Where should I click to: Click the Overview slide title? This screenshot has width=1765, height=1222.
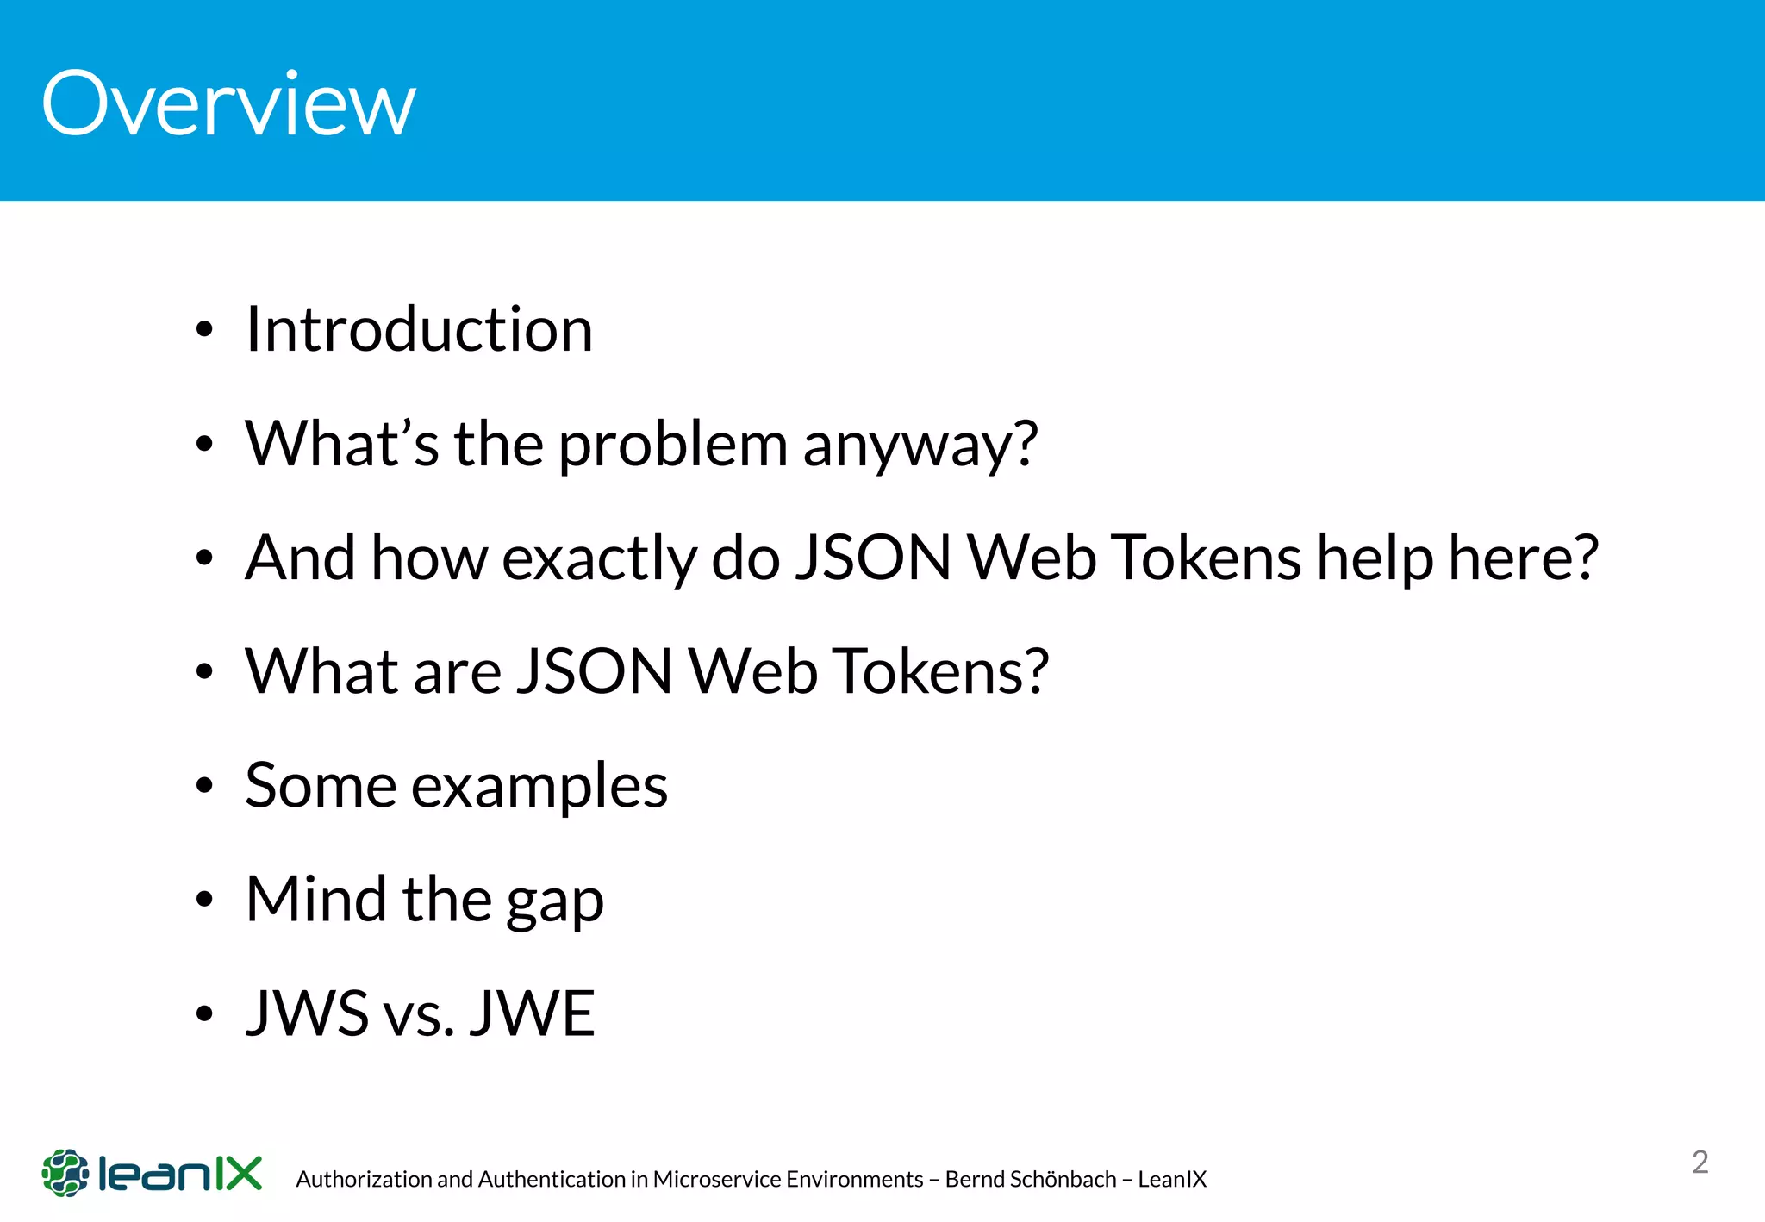click(228, 104)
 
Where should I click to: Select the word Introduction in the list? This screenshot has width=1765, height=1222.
click(419, 329)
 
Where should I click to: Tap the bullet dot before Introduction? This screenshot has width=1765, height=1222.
click(204, 330)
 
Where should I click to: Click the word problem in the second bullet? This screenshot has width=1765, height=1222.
click(672, 446)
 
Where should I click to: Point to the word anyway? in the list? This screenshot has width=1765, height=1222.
click(920, 446)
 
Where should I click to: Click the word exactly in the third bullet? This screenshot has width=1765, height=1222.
click(599, 558)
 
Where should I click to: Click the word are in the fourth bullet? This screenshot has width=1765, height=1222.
click(458, 672)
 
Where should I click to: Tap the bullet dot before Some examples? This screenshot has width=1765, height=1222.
click(204, 786)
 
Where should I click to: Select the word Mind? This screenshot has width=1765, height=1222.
click(316, 900)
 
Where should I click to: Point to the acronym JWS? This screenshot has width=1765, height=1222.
click(308, 1013)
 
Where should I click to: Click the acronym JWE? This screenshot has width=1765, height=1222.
click(532, 1013)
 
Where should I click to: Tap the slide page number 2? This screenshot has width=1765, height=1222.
click(1700, 1163)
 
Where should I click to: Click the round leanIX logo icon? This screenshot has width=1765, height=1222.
click(65, 1173)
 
